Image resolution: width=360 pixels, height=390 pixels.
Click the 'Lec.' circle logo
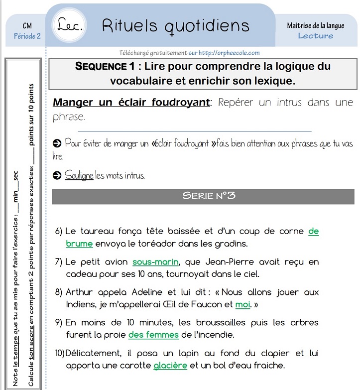pos(70,25)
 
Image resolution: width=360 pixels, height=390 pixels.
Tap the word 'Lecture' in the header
pos(316,36)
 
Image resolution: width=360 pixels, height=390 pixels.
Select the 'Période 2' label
pos(27,36)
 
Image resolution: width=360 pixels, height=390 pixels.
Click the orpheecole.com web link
pos(229,53)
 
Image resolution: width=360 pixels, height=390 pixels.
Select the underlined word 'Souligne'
pos(79,176)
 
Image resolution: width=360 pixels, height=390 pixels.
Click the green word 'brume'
pos(79,244)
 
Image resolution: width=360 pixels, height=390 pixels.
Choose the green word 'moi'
pos(242,304)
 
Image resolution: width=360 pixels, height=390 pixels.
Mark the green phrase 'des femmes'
pos(153,335)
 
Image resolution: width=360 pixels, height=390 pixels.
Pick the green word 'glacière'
pos(170,366)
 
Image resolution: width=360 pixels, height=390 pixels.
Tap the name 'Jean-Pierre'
pos(217,262)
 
